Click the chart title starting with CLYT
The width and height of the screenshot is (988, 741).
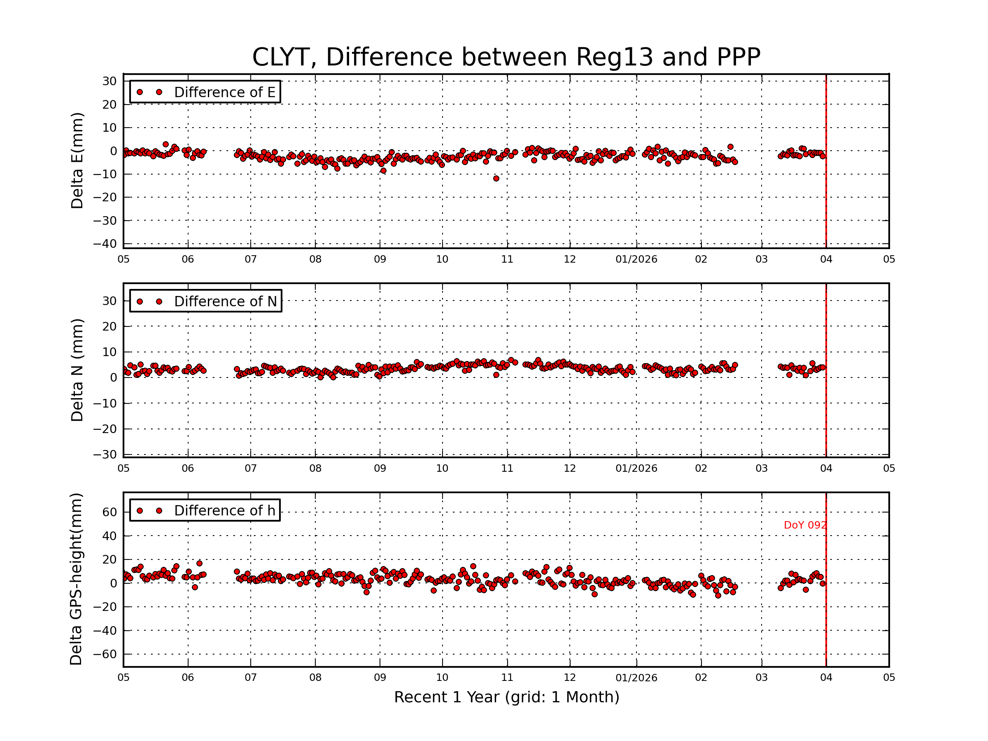(x=506, y=57)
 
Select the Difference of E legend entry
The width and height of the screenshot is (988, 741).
(x=205, y=92)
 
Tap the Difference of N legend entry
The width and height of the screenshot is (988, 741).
(x=205, y=301)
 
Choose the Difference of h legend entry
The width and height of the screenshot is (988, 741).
(x=205, y=510)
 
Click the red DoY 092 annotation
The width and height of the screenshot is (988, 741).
(x=805, y=525)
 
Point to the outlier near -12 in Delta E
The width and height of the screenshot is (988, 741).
(x=496, y=179)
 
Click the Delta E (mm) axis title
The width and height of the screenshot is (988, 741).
(x=77, y=161)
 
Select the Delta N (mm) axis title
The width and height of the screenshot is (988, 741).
(x=77, y=370)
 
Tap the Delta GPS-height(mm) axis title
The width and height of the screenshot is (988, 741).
(x=76, y=579)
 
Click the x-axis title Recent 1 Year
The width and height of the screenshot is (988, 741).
(x=506, y=697)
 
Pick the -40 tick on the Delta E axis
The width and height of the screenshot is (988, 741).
(x=105, y=244)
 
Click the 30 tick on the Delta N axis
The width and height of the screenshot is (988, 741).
(x=110, y=301)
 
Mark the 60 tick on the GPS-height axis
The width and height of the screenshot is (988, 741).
(x=110, y=512)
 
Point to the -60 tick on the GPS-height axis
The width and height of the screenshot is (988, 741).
(x=105, y=655)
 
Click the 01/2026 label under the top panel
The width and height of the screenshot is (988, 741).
(x=636, y=259)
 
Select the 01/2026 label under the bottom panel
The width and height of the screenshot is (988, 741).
(x=636, y=678)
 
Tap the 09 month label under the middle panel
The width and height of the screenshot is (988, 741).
(x=380, y=468)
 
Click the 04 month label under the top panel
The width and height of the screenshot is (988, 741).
(x=826, y=259)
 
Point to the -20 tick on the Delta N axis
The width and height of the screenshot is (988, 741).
(x=105, y=429)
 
